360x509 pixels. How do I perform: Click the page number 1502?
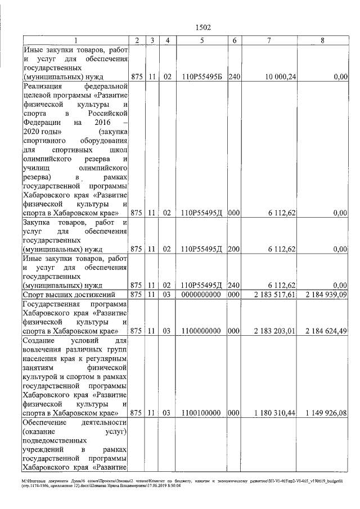202,27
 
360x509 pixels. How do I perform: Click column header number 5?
201,40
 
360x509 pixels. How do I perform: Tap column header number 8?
322,40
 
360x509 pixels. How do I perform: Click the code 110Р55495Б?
201,76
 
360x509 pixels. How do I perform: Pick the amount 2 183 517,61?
274,294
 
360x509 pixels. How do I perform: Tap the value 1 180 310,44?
274,413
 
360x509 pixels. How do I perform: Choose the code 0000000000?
201,294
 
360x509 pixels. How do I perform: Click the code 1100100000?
201,413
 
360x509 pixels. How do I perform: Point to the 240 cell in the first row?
235,76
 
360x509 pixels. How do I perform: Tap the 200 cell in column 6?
235,249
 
